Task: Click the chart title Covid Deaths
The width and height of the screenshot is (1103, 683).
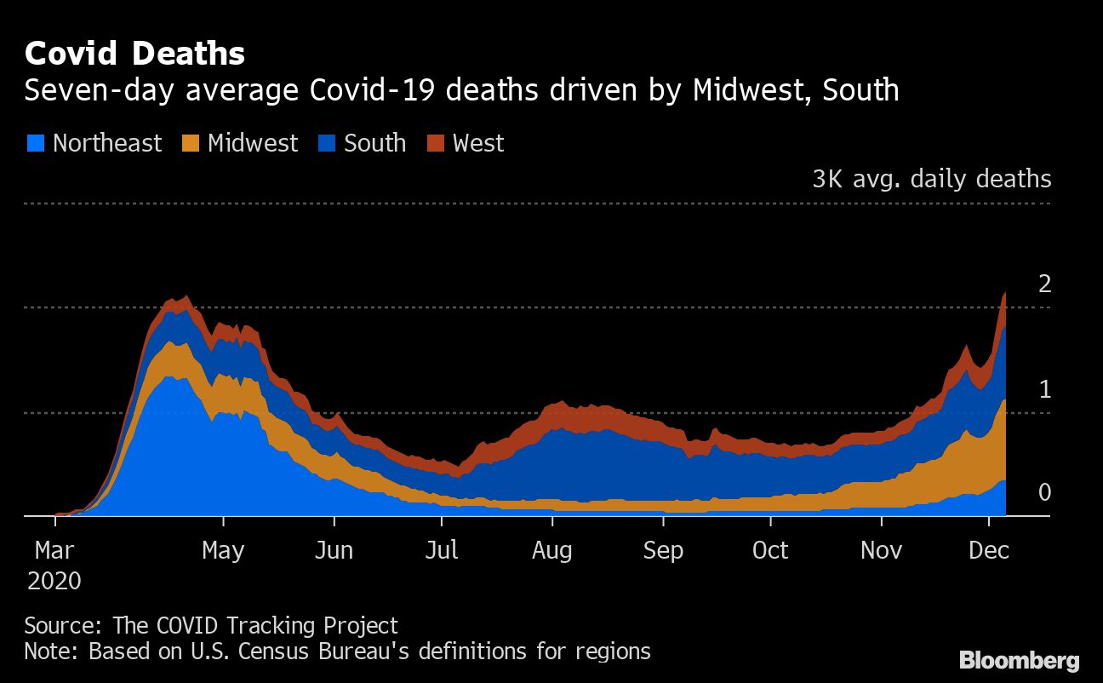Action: point(134,54)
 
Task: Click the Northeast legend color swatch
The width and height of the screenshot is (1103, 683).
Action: point(35,143)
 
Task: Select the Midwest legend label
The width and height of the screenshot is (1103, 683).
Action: point(253,143)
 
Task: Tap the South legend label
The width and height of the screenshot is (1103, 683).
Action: point(374,143)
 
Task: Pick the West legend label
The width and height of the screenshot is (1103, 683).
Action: point(478,143)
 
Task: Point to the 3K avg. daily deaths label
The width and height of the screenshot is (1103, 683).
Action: point(931,179)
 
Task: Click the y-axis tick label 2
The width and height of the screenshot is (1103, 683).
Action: point(1044,284)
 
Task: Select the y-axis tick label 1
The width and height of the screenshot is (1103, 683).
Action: point(1044,389)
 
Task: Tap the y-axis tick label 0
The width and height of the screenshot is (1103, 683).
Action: point(1044,493)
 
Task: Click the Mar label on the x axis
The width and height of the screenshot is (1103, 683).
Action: point(54,550)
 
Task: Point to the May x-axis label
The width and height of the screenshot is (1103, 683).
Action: point(223,550)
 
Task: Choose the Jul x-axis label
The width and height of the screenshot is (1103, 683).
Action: point(442,550)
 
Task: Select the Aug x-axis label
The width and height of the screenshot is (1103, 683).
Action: point(551,550)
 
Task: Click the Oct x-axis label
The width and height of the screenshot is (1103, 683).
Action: point(770,550)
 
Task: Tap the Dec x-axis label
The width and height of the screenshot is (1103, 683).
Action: point(989,550)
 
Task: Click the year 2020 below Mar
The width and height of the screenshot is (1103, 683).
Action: point(54,581)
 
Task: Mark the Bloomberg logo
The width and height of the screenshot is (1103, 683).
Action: point(1019,659)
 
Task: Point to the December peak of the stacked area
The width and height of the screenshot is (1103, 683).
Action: point(1005,292)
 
